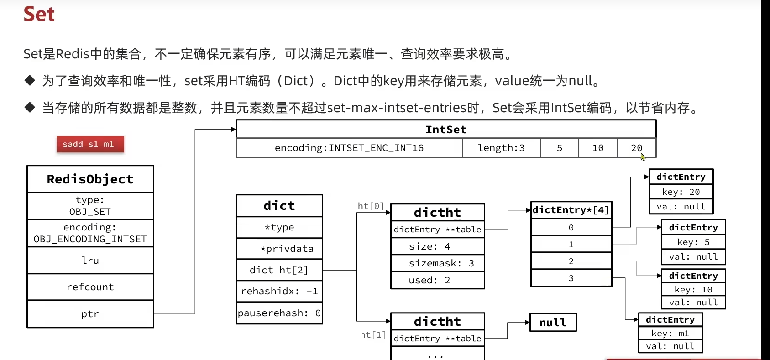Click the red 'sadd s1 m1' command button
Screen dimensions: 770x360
tap(90, 144)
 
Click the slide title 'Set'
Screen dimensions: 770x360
tap(39, 14)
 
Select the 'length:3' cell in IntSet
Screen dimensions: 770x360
tap(501, 148)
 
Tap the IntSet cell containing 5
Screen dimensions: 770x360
tap(559, 148)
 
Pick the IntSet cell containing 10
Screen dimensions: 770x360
tap(598, 148)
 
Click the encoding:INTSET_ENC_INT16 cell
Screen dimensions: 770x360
tap(349, 148)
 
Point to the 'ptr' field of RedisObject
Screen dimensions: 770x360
tap(90, 314)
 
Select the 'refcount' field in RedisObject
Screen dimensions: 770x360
tap(90, 287)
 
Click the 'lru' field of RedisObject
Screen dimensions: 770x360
tap(90, 260)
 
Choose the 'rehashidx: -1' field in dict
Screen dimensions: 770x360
tap(279, 291)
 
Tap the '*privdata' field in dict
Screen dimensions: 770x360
tap(279, 249)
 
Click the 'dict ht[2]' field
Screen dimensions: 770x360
tap(279, 270)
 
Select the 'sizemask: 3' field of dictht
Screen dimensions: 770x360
tap(437, 263)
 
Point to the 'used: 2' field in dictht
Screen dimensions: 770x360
tap(437, 280)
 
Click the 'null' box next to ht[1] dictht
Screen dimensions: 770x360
tap(553, 323)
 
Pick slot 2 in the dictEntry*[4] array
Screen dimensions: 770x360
tap(571, 261)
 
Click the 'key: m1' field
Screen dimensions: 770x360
tap(670, 334)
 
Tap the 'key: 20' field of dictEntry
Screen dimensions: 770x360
tap(681, 192)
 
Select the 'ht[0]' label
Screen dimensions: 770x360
tap(371, 206)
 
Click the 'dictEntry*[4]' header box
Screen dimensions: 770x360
tap(571, 210)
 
